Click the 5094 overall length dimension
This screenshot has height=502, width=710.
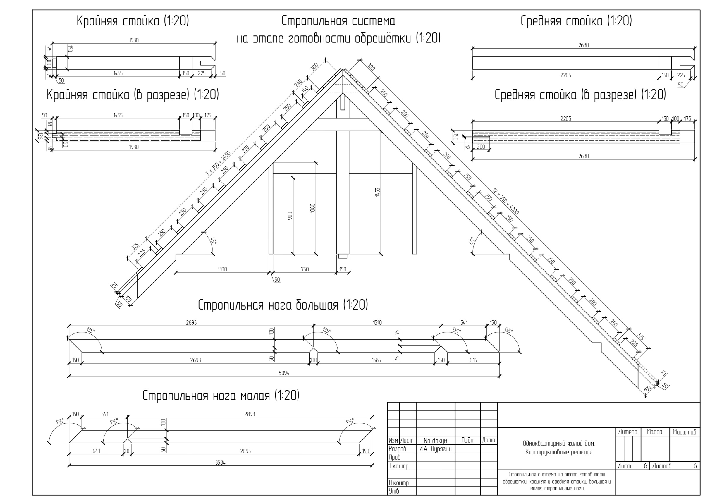[284, 373]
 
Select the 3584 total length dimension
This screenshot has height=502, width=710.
[220, 463]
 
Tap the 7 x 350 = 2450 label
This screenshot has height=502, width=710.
[218, 164]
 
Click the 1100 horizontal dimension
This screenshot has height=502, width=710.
[222, 269]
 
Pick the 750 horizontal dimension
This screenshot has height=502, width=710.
[305, 269]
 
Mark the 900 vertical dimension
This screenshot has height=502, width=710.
[290, 216]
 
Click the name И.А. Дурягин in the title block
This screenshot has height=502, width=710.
[435, 449]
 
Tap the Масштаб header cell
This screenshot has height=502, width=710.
[684, 432]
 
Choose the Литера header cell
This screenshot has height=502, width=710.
[628, 432]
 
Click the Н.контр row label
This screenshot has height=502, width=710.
[399, 482]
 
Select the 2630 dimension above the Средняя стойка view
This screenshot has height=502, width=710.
[584, 45]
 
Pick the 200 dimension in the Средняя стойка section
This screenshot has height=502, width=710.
[481, 147]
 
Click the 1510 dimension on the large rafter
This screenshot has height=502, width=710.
[377, 323]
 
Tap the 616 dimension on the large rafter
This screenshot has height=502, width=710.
[473, 360]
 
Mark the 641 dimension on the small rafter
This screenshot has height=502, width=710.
[97, 451]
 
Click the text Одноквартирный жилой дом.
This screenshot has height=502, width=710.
[559, 443]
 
